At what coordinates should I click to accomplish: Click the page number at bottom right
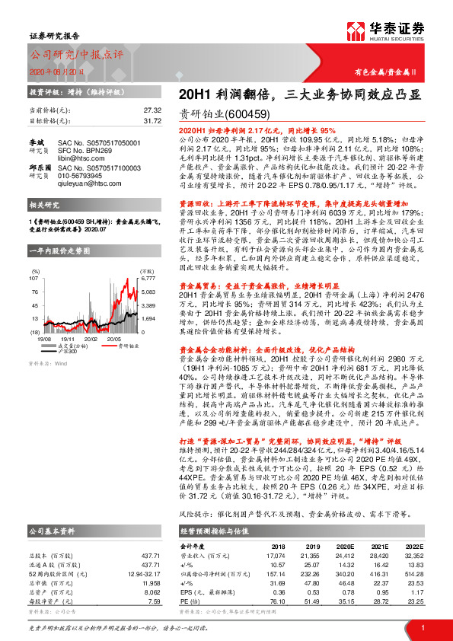click(x=422, y=626)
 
